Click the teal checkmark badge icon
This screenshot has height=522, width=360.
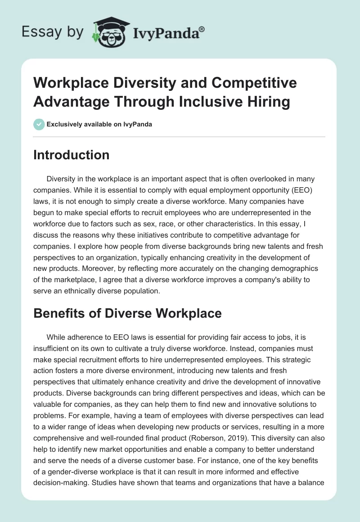39,124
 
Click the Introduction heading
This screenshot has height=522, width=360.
72,155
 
